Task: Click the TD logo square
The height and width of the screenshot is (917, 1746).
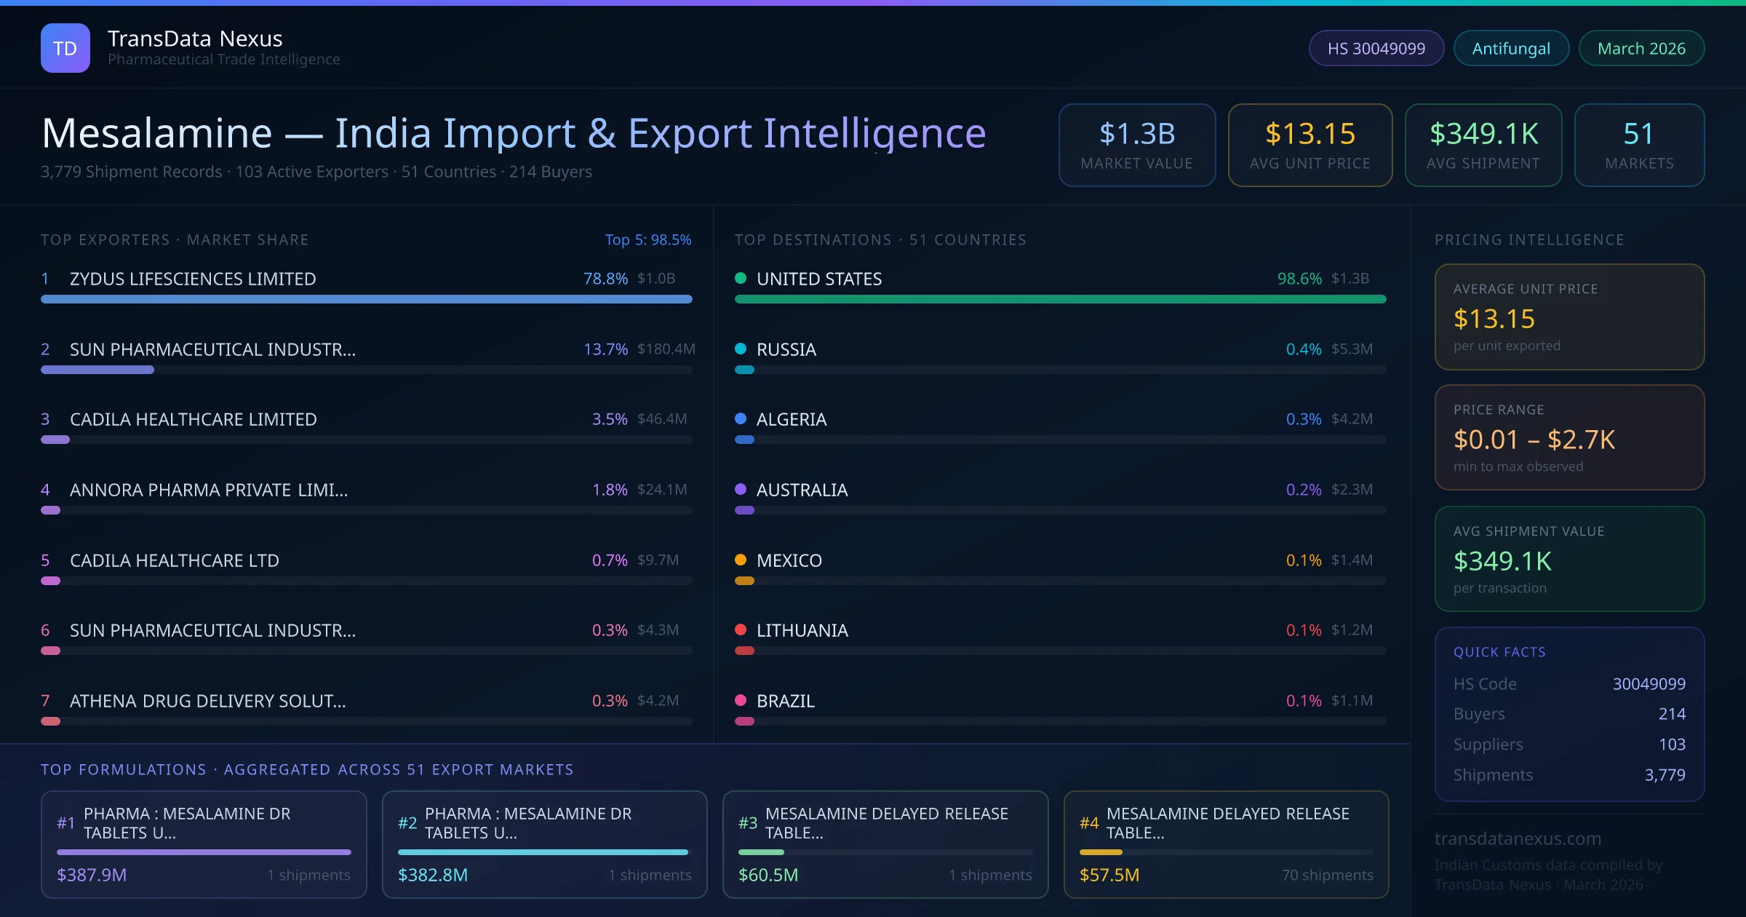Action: coord(65,48)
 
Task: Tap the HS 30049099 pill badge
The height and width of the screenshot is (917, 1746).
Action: coord(1376,48)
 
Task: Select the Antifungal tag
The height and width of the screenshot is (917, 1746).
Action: coord(1510,48)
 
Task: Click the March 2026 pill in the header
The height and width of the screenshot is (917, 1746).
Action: coord(1641,48)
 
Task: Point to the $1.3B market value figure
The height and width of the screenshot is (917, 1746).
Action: coord(1136,134)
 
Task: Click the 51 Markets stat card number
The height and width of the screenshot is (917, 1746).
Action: coord(1638,134)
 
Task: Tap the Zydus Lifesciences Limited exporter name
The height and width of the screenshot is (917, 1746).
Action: coord(193,279)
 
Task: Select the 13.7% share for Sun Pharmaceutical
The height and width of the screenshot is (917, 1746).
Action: coord(605,349)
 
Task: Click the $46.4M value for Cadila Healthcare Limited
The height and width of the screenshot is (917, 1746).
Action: coord(662,419)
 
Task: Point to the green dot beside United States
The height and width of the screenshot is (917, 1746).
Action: coord(741,278)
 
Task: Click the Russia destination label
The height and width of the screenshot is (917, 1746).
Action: coord(786,349)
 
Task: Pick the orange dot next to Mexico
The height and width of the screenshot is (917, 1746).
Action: coord(741,560)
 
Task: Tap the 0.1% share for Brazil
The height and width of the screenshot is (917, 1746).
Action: coord(1304,701)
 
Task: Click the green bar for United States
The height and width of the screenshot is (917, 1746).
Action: coord(1060,299)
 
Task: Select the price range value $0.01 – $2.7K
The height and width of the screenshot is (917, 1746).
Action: coord(1534,440)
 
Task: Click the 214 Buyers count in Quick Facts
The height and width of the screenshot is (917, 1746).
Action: coord(1671,714)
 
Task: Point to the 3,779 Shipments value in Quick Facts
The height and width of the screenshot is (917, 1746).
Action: coord(1665,775)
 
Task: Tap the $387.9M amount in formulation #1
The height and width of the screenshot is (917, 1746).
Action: coord(92,875)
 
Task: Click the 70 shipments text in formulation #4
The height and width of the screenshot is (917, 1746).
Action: coord(1327,875)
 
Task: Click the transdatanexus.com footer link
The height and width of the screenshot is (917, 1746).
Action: coord(1518,838)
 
